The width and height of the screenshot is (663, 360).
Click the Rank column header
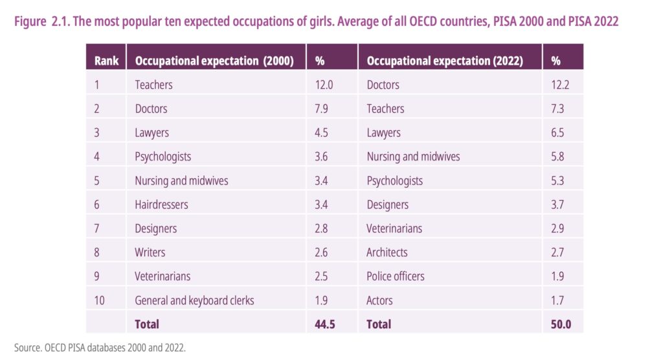pyautogui.click(x=106, y=61)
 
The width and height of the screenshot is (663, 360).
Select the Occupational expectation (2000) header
pyautogui.click(x=214, y=61)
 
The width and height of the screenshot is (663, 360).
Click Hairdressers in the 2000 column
pyautogui.click(x=161, y=205)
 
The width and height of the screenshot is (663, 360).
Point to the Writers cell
pyautogui.click(x=150, y=253)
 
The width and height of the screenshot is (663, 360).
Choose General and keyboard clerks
pyautogui.click(x=194, y=300)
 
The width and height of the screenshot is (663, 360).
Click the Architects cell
pyautogui.click(x=387, y=253)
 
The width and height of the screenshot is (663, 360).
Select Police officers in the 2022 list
pyautogui.click(x=396, y=276)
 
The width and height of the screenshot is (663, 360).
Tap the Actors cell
pyautogui.click(x=379, y=300)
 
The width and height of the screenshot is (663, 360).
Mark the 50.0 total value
pyautogui.click(x=561, y=324)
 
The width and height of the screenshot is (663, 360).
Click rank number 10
pyautogui.click(x=100, y=300)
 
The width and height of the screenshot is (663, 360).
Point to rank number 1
pyautogui.click(x=97, y=85)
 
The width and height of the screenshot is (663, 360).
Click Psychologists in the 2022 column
pyautogui.click(x=394, y=181)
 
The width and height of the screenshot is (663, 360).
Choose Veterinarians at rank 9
pyautogui.click(x=163, y=276)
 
